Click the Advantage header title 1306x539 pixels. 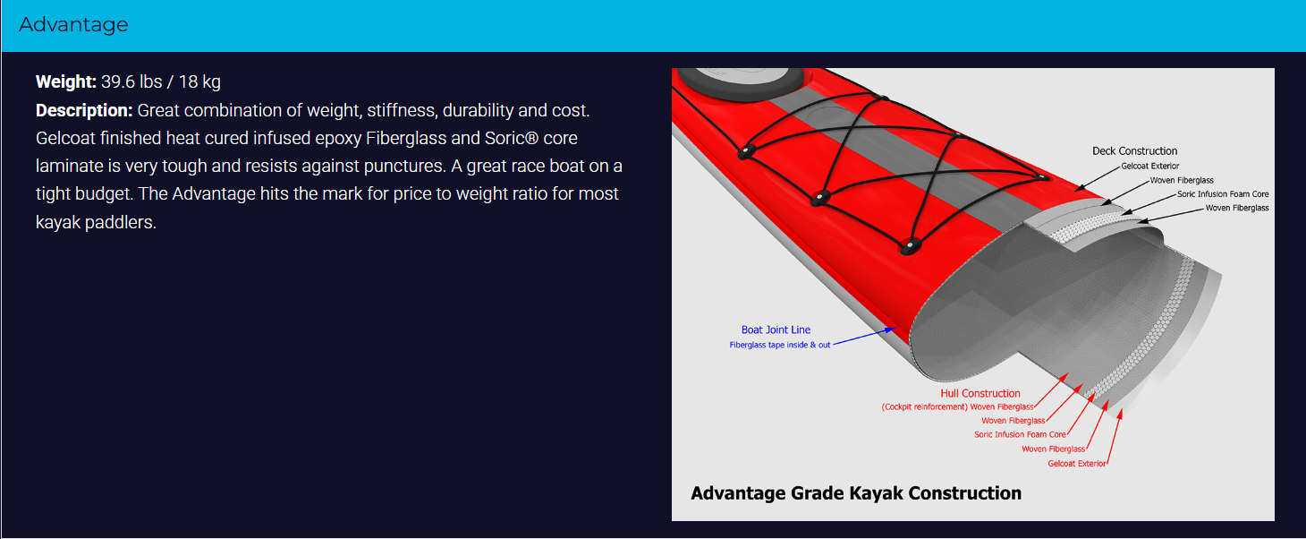click(73, 24)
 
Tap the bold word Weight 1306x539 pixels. click(66, 81)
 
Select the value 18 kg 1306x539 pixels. click(199, 81)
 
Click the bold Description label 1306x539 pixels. click(85, 110)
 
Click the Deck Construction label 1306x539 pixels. click(1134, 151)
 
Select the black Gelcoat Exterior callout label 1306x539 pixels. click(1149, 167)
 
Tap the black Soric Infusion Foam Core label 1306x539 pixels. click(1223, 194)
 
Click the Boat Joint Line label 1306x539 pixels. click(776, 330)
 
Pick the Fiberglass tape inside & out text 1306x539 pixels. click(779, 346)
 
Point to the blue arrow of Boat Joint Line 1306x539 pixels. click(864, 337)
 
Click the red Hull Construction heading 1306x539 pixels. click(980, 394)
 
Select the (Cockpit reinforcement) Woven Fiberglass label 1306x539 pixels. click(957, 407)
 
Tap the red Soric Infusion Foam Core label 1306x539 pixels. click(1020, 434)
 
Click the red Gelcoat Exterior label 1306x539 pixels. click(1076, 464)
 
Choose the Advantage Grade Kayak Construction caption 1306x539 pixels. click(856, 493)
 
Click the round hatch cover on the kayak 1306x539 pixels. click(742, 81)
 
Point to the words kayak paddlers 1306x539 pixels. click(97, 222)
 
